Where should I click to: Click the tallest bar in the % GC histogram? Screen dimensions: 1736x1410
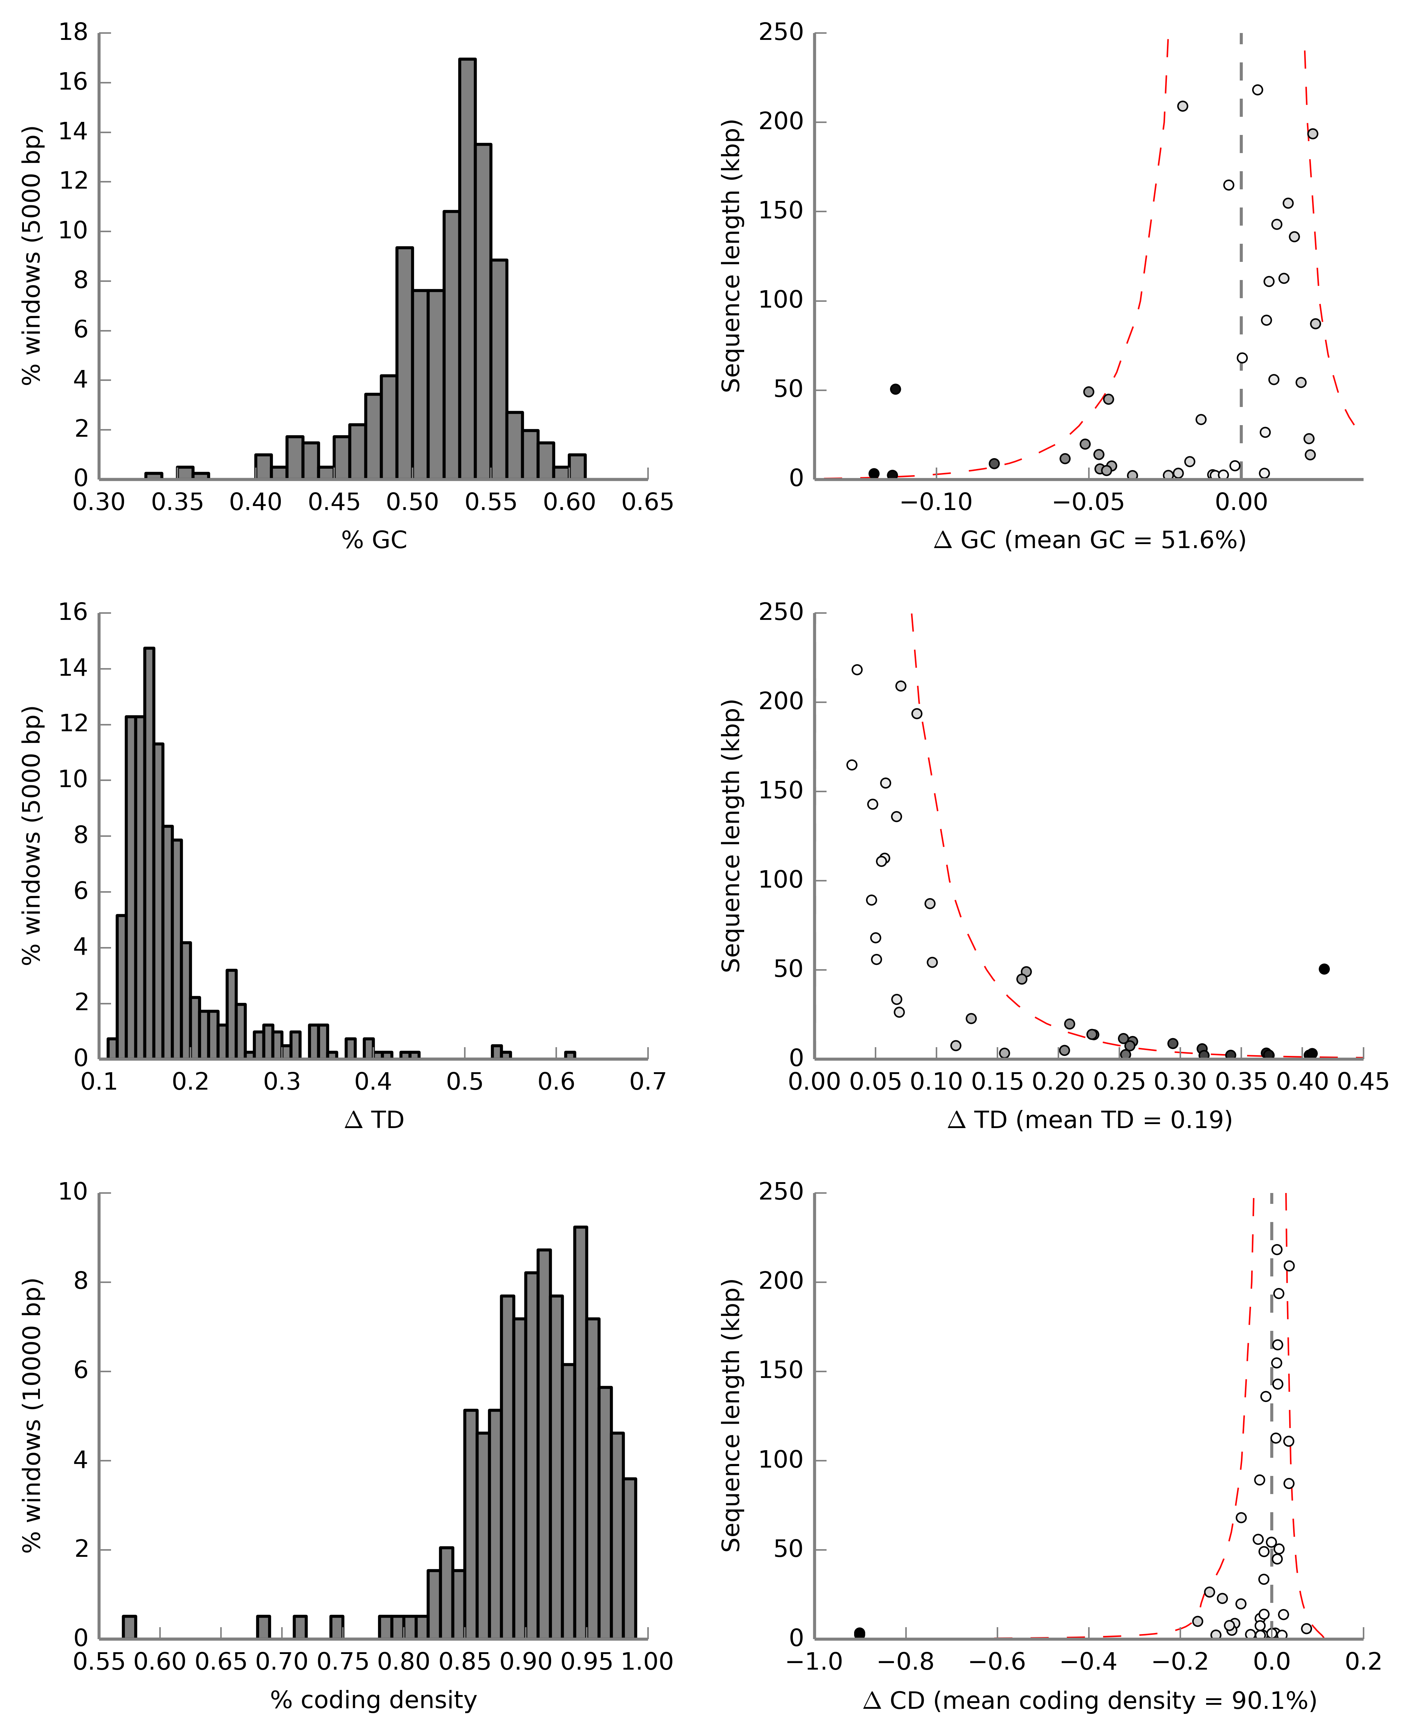[x=467, y=268]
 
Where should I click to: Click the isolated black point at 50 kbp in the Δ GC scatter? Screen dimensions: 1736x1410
[x=895, y=389]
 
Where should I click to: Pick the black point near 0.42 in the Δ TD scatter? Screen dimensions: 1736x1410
[x=1324, y=969]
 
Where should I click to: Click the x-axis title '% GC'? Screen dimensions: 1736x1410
[x=374, y=540]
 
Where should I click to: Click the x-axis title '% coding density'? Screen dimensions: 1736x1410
[x=374, y=1699]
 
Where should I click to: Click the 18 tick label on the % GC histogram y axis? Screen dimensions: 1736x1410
[x=73, y=33]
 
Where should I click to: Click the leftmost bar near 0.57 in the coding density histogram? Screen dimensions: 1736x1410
[x=129, y=1627]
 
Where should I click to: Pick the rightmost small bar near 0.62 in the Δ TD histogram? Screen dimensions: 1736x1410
[x=570, y=1055]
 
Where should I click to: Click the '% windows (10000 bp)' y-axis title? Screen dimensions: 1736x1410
[x=31, y=1415]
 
